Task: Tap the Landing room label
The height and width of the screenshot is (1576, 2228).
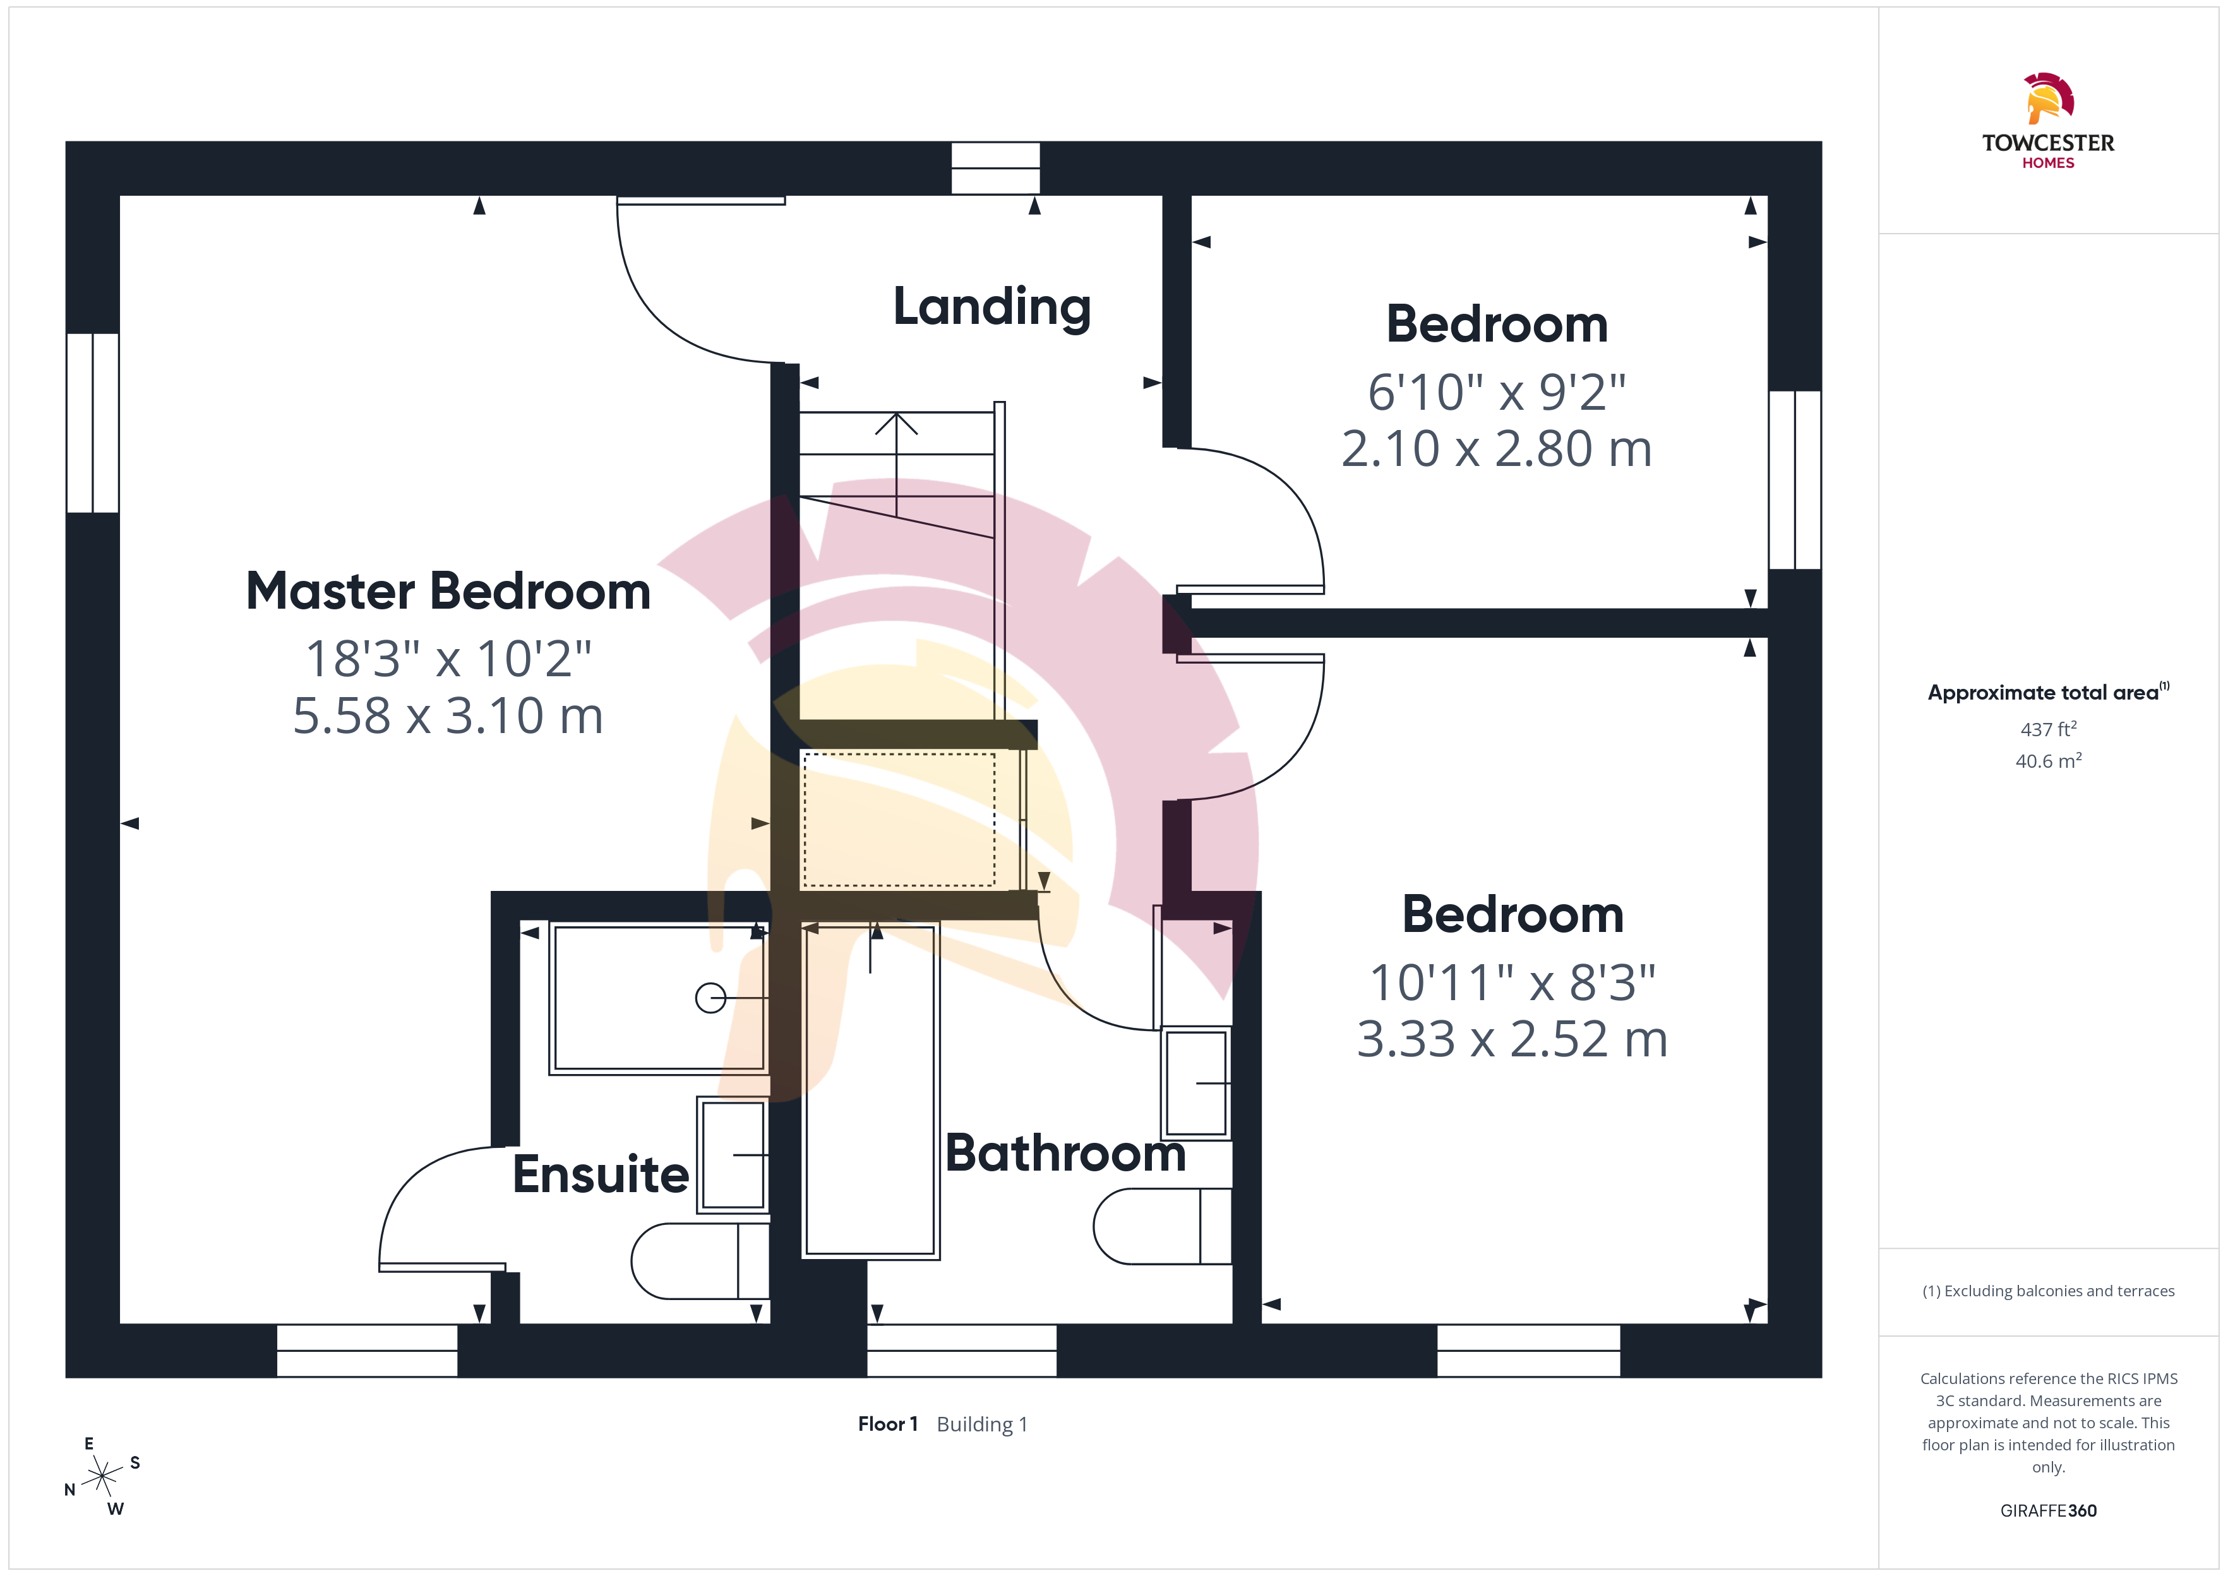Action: [x=991, y=307]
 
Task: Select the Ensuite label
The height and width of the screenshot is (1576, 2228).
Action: [x=601, y=1174]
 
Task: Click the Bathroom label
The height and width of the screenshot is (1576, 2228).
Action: [x=1065, y=1153]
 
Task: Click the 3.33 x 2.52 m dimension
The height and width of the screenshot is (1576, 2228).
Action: [x=1512, y=1039]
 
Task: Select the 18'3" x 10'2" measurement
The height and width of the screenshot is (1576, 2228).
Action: [x=448, y=659]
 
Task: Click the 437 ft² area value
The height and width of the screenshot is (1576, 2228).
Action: [x=2049, y=729]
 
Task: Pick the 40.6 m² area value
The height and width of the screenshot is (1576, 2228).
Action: [x=2049, y=761]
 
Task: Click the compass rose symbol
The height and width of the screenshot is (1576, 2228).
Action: [x=102, y=1477]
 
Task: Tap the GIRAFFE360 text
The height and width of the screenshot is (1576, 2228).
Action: [x=2049, y=1511]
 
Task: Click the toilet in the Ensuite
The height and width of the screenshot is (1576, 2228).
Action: [x=700, y=1260]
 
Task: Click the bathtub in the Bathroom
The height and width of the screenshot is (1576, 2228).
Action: [x=870, y=1091]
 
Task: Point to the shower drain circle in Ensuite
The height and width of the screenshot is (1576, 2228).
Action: [x=710, y=998]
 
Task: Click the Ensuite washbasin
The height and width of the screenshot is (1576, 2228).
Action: [x=733, y=1155]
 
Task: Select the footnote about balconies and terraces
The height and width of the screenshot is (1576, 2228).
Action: [x=2049, y=1291]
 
